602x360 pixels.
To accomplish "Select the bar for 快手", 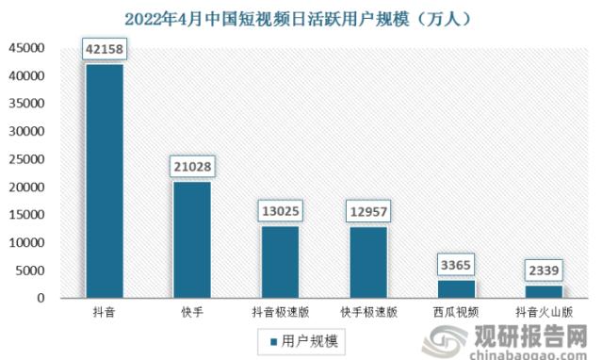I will [192, 239].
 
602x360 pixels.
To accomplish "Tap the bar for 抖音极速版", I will [280, 262].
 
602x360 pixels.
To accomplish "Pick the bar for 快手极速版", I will [367, 262].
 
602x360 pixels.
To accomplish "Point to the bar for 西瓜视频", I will [456, 288].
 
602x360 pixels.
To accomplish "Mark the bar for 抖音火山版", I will [544, 291].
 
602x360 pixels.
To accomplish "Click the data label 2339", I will [544, 270].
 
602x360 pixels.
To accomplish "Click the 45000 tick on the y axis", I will [26, 48].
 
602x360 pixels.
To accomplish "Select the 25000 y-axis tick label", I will [26, 159].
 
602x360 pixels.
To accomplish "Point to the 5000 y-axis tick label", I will [30, 270].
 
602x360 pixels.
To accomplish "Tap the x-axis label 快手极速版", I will [367, 309].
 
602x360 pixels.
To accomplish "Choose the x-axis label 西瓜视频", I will [456, 309].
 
